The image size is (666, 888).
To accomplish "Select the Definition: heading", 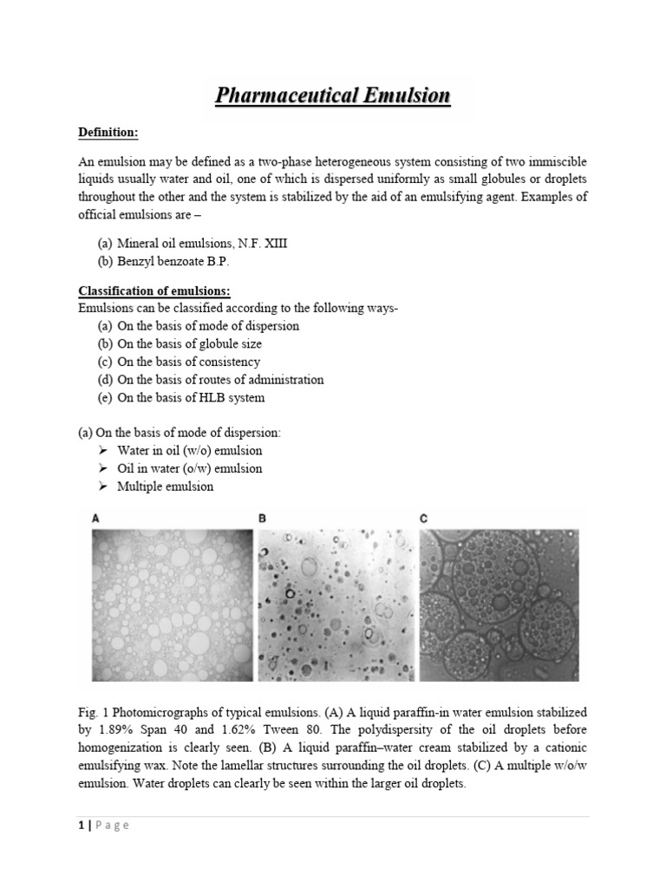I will click(108, 132).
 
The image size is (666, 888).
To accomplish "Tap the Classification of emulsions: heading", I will click(155, 290).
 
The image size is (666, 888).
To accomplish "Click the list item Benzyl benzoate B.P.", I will click(178, 261).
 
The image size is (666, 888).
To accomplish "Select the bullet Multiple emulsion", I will click(165, 486).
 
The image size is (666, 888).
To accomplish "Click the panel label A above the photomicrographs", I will click(96, 519).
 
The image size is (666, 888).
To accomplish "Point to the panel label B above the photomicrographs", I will click(262, 519).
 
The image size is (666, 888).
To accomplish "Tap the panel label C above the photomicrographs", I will click(424, 519).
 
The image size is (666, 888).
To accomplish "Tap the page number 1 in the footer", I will click(81, 826).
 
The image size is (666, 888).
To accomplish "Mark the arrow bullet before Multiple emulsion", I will click(102, 486).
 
